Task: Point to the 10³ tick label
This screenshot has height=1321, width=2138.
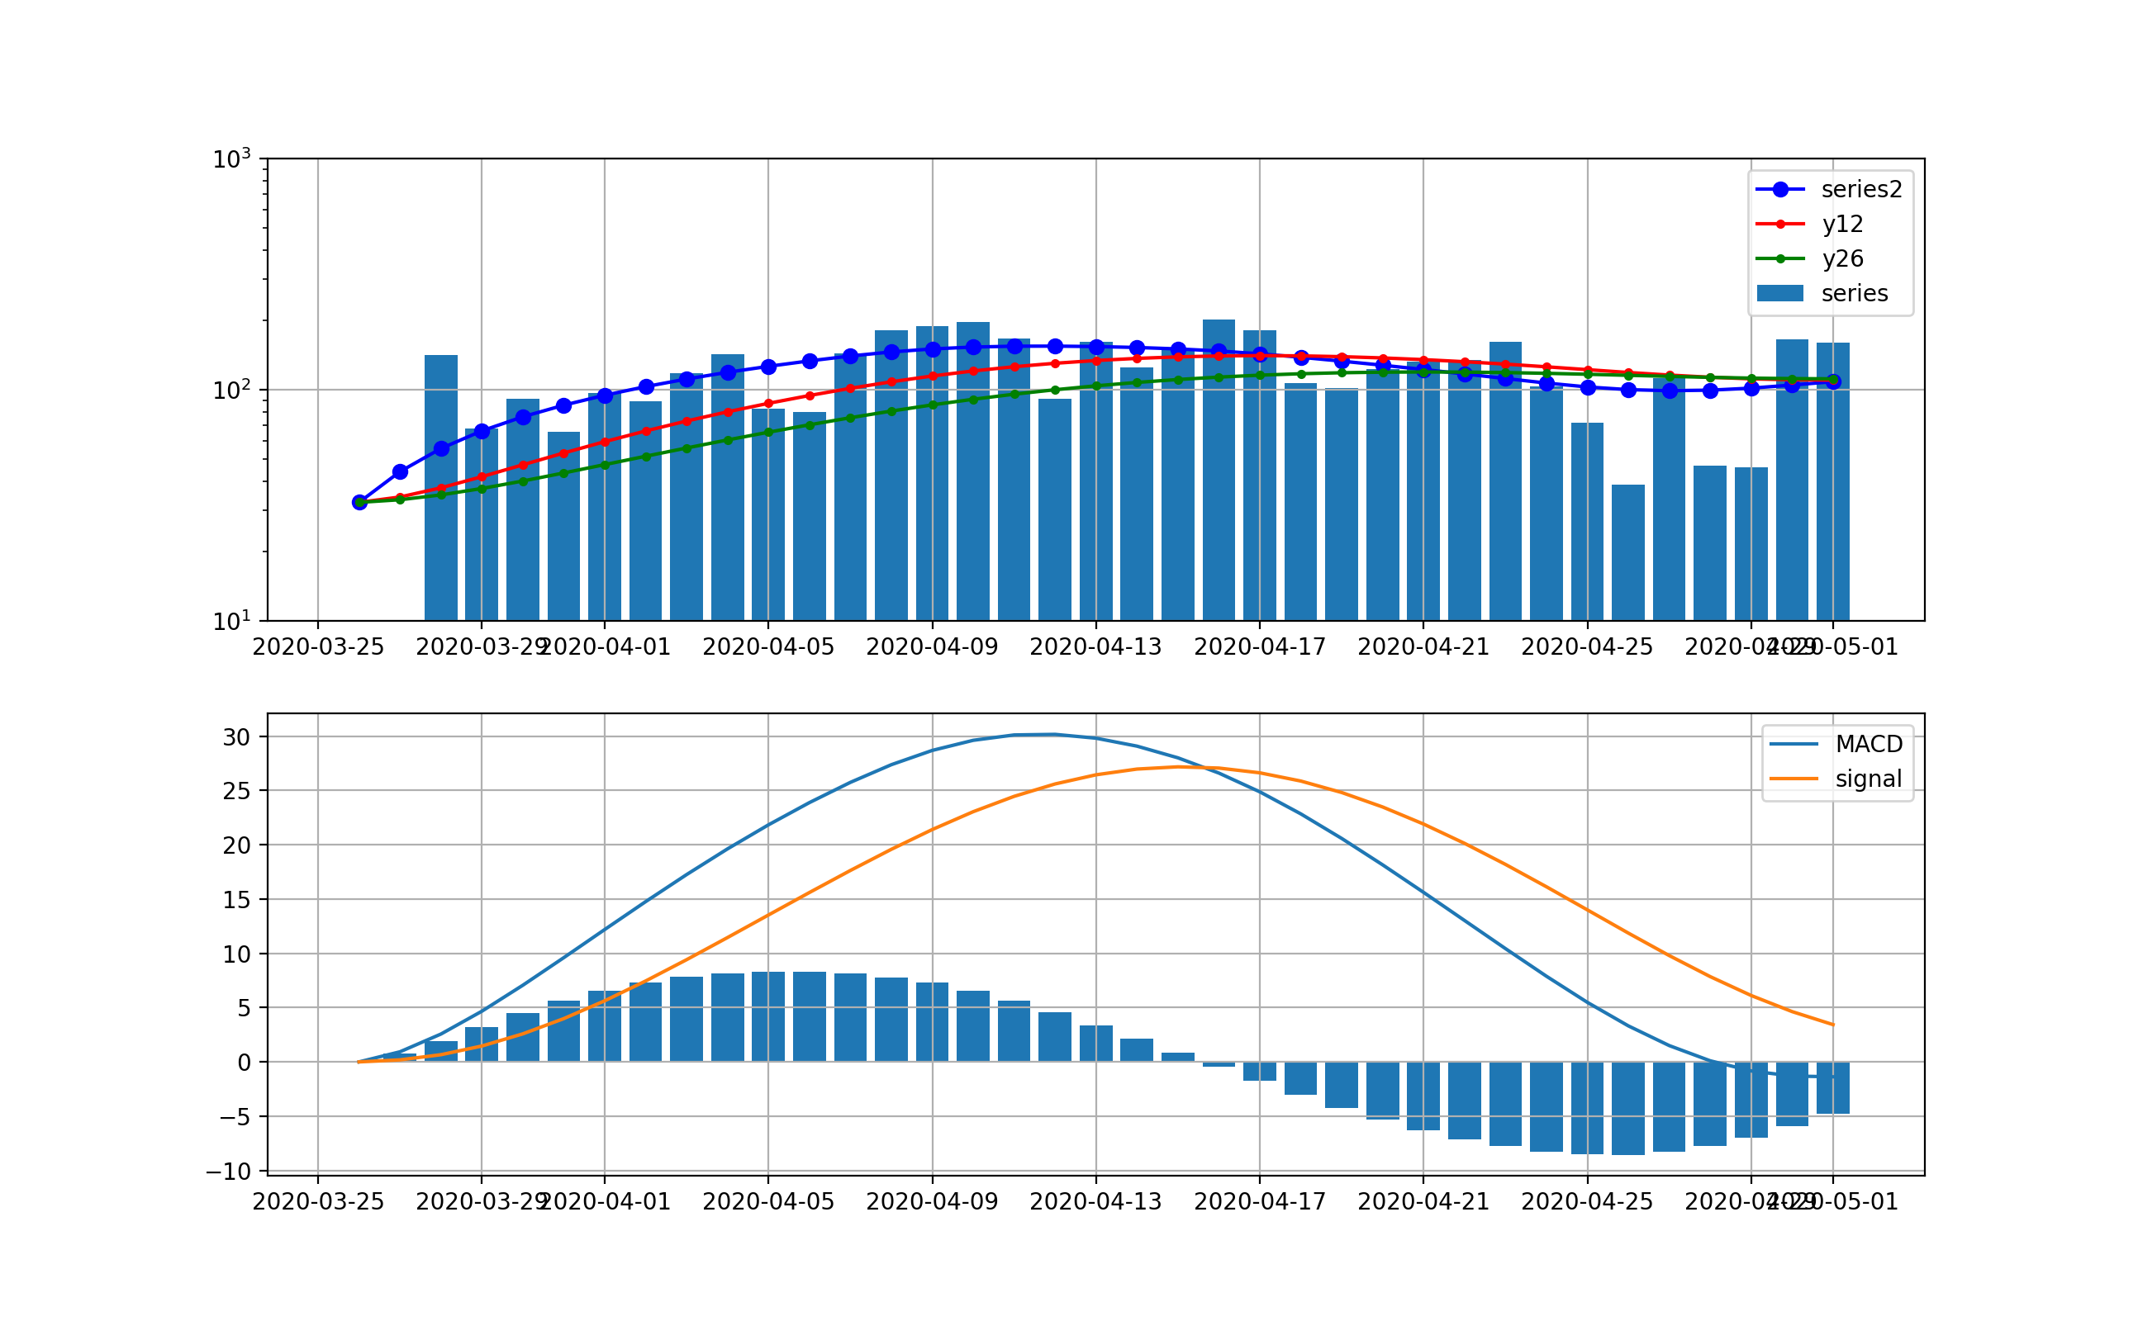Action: [x=231, y=159]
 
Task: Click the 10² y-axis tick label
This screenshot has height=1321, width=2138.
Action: [x=231, y=390]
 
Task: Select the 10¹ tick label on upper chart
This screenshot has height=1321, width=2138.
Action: [x=231, y=621]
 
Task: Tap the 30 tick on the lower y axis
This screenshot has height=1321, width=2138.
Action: [x=237, y=737]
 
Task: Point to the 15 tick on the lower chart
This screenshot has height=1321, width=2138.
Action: [x=237, y=900]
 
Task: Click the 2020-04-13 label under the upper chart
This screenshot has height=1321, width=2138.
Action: [x=1095, y=647]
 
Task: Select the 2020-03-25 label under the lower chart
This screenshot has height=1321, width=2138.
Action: [x=318, y=1202]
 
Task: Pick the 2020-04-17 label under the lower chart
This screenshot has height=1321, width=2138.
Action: [x=1260, y=1202]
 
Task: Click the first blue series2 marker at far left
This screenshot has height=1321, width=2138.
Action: [x=359, y=502]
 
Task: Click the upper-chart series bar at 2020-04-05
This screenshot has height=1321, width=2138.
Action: [x=768, y=515]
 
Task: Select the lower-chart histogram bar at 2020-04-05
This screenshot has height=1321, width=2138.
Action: [x=768, y=1017]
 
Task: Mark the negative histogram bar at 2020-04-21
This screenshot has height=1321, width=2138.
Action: [x=1423, y=1096]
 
